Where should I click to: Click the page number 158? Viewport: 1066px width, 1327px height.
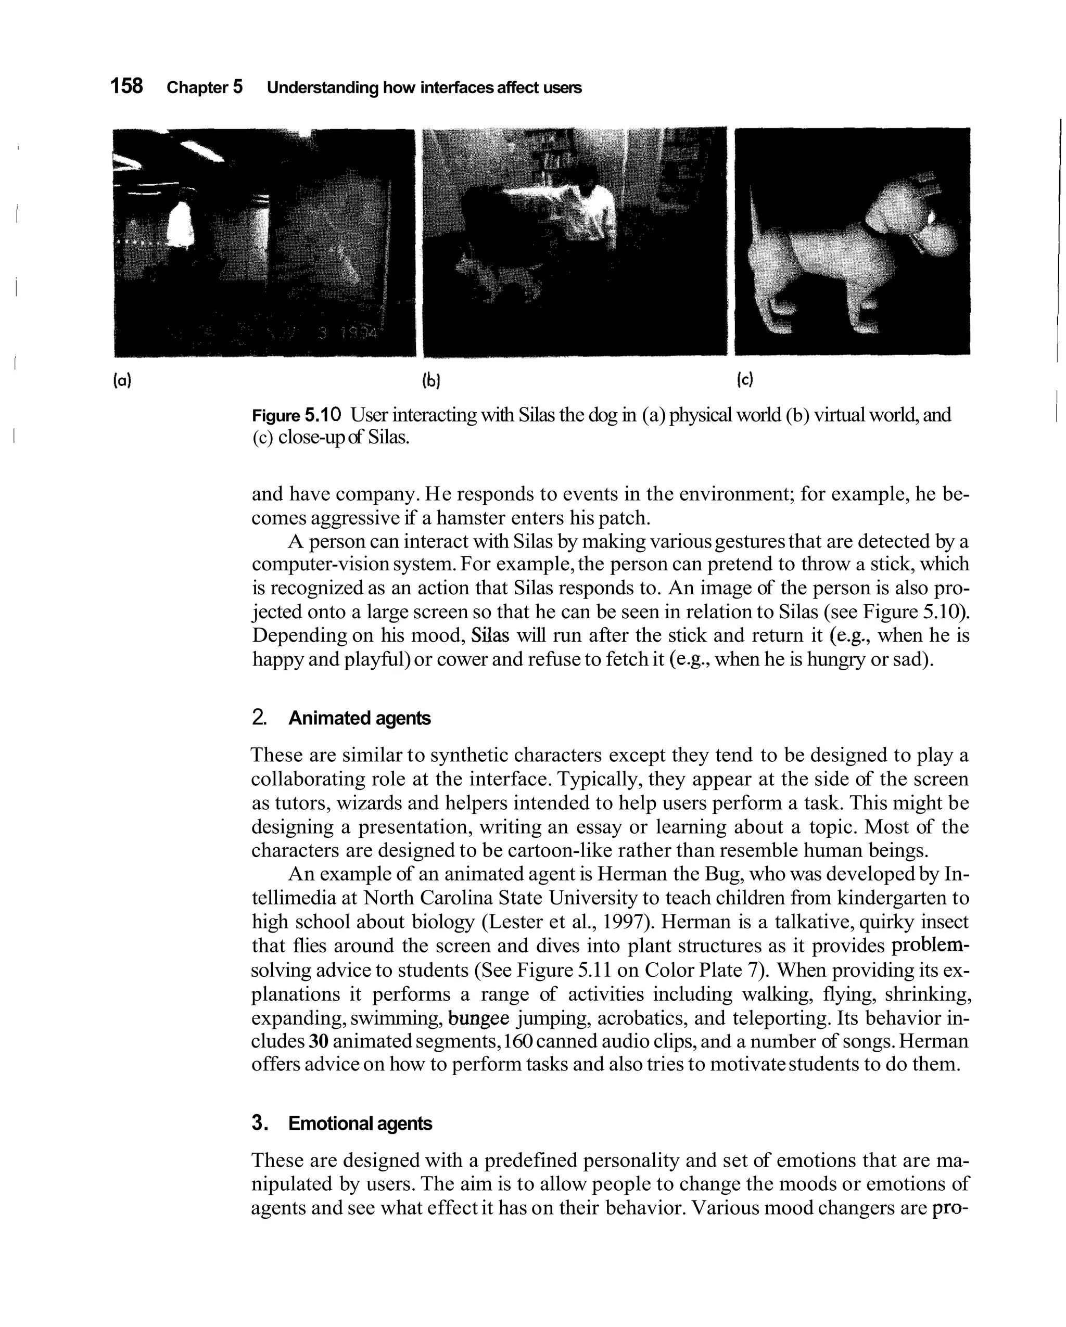(126, 86)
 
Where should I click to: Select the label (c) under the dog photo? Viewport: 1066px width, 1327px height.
(744, 380)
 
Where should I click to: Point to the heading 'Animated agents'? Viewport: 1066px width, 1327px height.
(360, 718)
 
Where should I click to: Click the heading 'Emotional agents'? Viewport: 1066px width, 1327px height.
(360, 1124)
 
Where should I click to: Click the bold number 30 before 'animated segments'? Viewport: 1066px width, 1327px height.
(318, 1041)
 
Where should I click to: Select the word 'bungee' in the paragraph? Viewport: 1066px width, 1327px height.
(479, 1018)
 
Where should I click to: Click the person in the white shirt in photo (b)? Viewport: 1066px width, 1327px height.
(591, 203)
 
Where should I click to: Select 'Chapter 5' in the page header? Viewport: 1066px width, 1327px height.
(205, 87)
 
